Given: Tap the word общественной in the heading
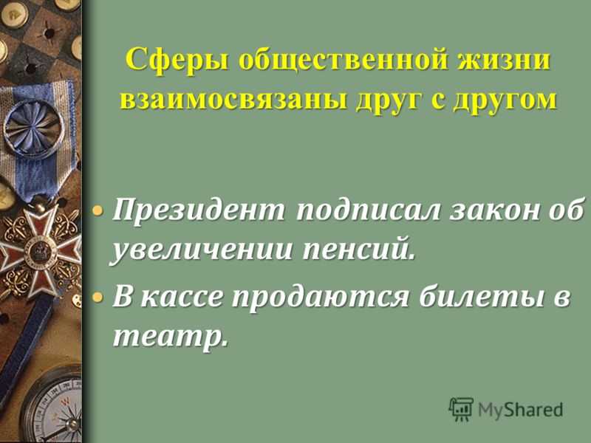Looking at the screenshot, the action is click(342, 59).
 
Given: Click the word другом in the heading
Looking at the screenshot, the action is click(505, 100).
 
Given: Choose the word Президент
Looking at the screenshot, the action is click(199, 210).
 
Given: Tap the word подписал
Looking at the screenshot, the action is click(368, 210).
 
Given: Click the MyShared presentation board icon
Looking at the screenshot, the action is click(460, 409).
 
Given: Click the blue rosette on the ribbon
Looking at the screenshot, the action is click(33, 128).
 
